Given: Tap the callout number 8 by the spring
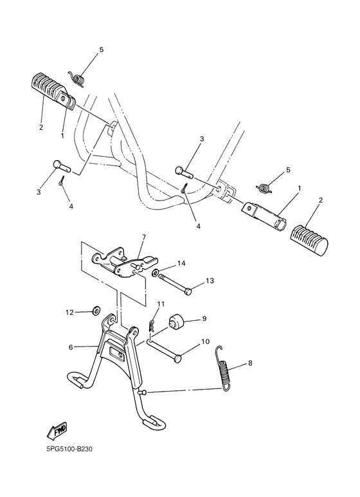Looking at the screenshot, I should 249,363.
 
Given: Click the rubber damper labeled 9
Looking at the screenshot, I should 176,321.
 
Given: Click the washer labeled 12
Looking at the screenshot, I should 96,312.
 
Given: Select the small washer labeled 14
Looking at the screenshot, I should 156,273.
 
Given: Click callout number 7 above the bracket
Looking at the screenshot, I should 143,237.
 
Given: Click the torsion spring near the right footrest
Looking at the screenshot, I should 262,186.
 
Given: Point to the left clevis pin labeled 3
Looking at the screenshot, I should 60,165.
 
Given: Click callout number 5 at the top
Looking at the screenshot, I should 100,50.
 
